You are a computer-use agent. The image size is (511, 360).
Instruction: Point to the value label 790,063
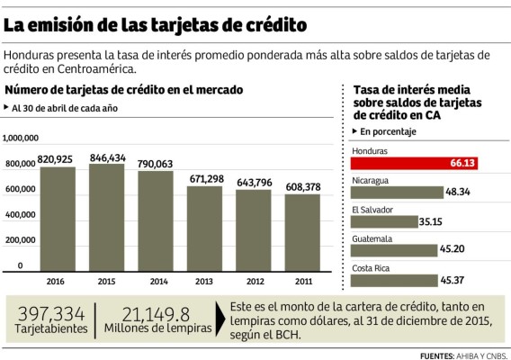(156, 163)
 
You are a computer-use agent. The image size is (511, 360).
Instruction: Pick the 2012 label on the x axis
(255, 279)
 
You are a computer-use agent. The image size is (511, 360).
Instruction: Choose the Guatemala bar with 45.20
(396, 250)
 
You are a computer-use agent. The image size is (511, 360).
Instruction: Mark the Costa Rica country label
(371, 268)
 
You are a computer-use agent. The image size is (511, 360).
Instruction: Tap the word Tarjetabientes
(52, 329)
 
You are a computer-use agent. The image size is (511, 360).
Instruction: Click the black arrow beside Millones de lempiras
(222, 319)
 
